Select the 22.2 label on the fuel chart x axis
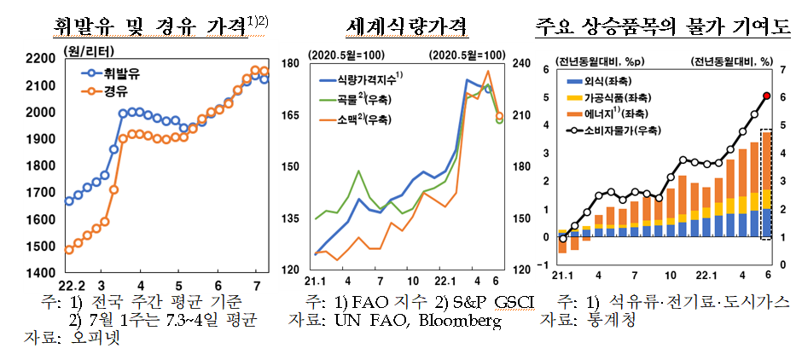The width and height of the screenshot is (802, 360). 73,284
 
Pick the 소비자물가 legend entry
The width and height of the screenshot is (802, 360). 614,131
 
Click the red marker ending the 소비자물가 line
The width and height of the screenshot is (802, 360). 766,96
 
